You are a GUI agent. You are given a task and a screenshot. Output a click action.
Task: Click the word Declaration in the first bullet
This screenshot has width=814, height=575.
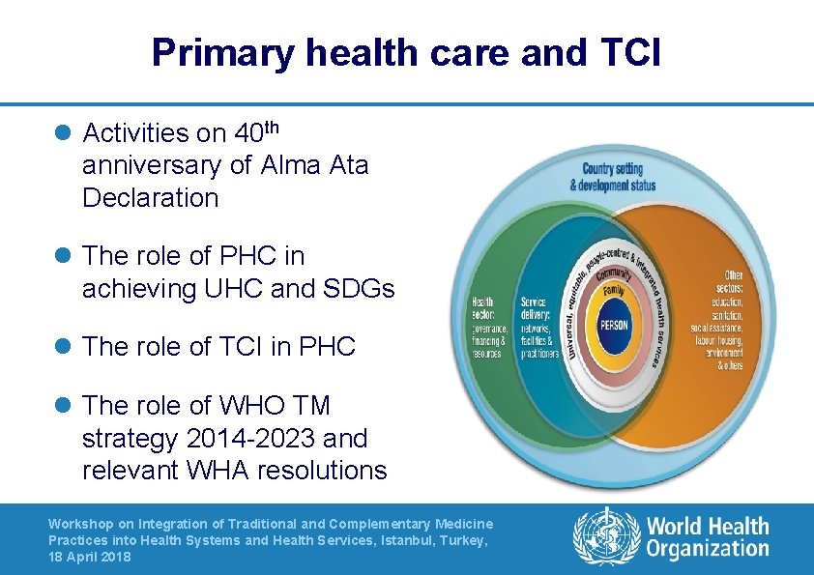pyautogui.click(x=152, y=197)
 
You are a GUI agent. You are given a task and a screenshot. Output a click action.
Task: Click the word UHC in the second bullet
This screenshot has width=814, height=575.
pyautogui.click(x=245, y=288)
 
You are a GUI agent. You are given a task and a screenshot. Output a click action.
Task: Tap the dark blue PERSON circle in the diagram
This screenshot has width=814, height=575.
pyautogui.click(x=614, y=326)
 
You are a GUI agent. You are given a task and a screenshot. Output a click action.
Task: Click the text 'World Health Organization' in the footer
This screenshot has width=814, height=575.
pyautogui.click(x=708, y=537)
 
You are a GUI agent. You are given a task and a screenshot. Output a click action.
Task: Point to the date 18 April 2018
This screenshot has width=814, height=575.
pyautogui.click(x=89, y=557)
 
